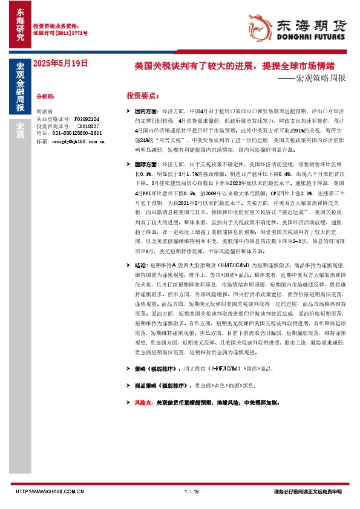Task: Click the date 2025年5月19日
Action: click(x=61, y=63)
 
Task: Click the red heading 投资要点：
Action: click(x=143, y=96)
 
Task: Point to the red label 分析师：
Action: click(x=46, y=96)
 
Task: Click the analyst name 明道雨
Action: click(x=45, y=112)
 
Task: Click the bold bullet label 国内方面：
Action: click(x=147, y=112)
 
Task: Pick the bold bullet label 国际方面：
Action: click(x=147, y=164)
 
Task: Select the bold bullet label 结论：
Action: click(x=140, y=265)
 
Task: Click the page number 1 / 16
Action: click(x=191, y=491)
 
